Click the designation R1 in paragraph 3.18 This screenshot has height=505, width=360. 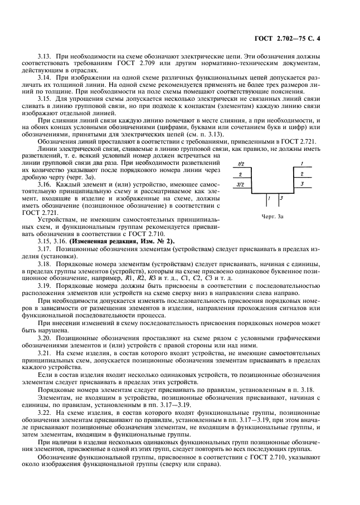pos(129,277)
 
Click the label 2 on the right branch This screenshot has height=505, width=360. pos(301,174)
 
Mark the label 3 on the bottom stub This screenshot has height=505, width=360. pos(281,198)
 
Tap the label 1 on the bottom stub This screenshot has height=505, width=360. pos(268,198)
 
